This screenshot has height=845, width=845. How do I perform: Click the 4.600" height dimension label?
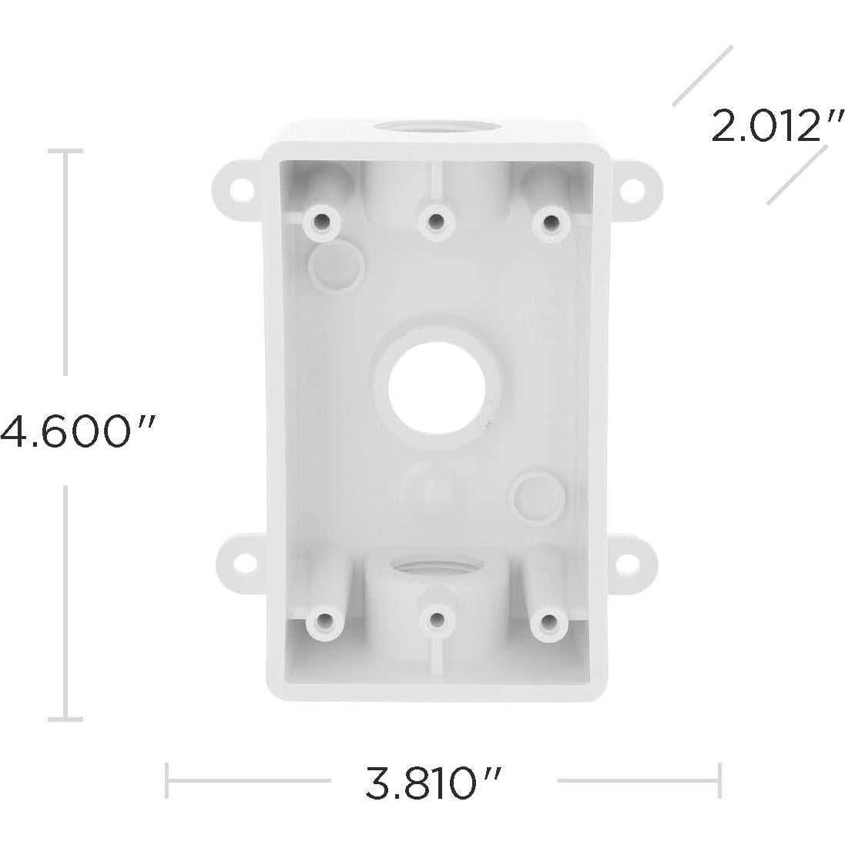(x=77, y=431)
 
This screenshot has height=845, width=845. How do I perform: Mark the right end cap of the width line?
(x=719, y=780)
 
